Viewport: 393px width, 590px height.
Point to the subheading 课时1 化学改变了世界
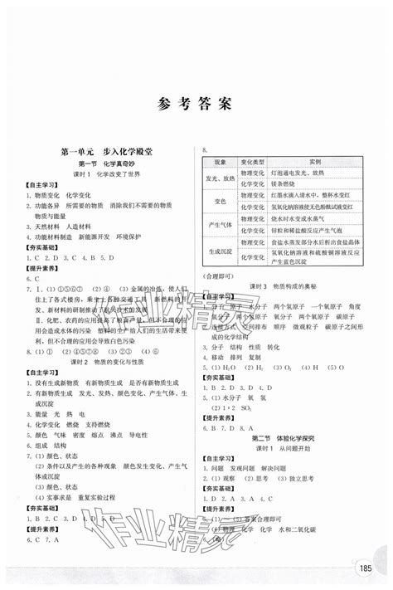coord(110,176)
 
